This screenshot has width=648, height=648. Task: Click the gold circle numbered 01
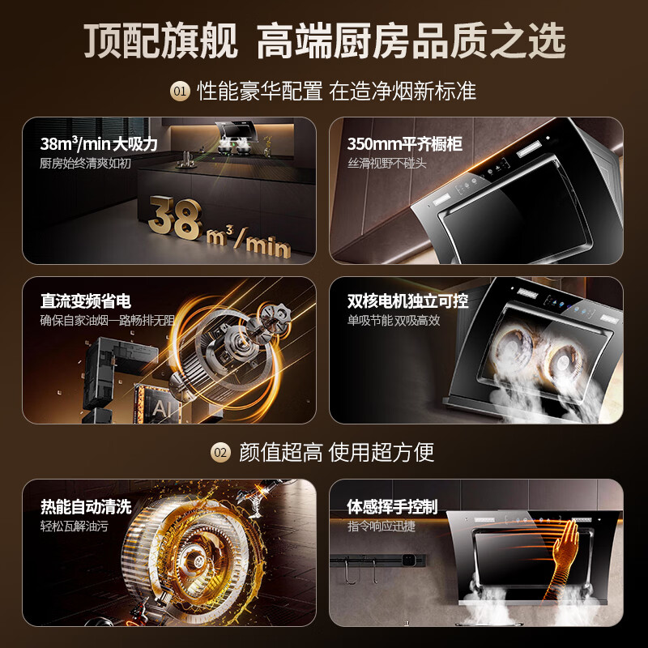[180, 91]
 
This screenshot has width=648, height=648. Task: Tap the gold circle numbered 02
[220, 453]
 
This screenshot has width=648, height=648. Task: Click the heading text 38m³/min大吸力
[99, 143]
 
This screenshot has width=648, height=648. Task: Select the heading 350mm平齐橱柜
[404, 143]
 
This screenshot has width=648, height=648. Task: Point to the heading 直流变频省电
[86, 301]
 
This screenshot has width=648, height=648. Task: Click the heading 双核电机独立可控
[407, 301]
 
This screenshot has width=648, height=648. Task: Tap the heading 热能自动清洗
[86, 506]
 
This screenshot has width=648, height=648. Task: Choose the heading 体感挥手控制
[392, 506]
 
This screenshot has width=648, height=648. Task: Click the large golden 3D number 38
[176, 218]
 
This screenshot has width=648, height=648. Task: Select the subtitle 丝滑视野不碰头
[386, 164]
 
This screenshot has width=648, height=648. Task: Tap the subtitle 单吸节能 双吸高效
[394, 320]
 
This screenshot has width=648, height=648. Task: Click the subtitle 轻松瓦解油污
[74, 526]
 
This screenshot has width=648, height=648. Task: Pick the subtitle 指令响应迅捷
[381, 526]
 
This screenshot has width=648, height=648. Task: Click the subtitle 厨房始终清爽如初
[85, 164]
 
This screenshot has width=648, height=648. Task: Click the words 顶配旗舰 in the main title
[160, 40]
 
